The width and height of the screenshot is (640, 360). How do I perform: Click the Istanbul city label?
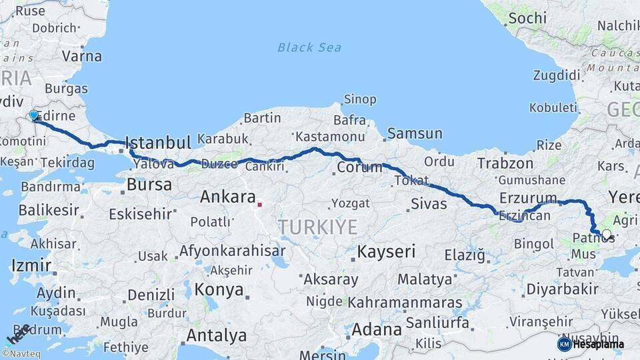158,143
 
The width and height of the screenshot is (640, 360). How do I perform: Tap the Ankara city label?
227,197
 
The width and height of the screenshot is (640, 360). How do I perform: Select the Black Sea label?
309,47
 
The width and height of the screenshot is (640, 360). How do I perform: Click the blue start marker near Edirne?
34,116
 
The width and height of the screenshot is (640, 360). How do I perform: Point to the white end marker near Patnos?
606,235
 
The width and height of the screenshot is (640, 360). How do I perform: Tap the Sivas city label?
429,203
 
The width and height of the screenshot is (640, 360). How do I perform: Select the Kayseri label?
386,252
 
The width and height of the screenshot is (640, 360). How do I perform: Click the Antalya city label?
217,335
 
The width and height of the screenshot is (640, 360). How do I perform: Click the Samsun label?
414,133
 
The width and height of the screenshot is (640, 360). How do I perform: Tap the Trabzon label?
505,163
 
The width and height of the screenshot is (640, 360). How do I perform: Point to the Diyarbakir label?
562,289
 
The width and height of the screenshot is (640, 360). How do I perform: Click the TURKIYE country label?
318,227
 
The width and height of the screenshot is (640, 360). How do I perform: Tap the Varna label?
82,56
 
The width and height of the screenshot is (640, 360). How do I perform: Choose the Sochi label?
527,18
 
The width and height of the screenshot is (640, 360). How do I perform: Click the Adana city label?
376,329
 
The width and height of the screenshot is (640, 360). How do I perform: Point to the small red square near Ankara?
260,205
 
